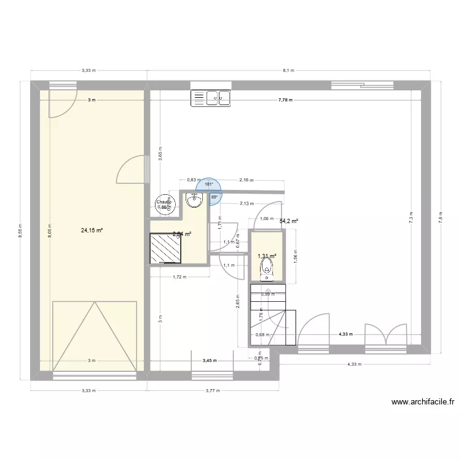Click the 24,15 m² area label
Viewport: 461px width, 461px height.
[x=92, y=230]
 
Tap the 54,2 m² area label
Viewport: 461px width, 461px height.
[x=289, y=221]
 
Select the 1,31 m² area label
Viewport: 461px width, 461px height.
[x=267, y=256]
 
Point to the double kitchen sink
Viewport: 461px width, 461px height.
[x=210, y=97]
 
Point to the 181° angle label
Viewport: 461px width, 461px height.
[x=208, y=184]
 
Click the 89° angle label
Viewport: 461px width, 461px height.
[x=214, y=197]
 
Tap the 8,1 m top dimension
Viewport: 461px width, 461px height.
[x=288, y=71]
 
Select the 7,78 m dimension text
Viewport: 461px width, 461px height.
[x=285, y=100]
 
